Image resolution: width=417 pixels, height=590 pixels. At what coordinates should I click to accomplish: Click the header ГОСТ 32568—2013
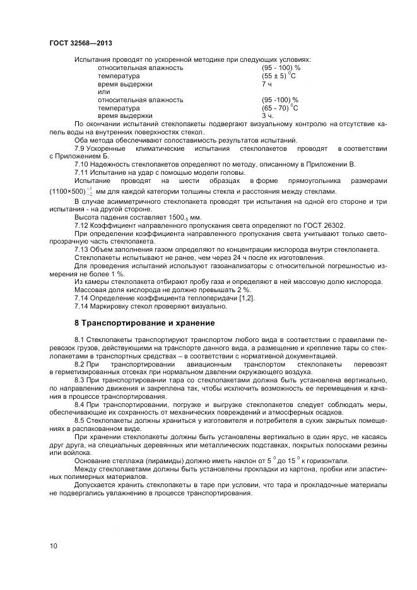(x=76, y=44)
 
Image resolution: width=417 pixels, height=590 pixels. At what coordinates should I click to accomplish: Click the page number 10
(x=54, y=545)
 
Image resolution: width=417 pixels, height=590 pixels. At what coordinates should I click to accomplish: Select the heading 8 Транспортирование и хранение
(x=144, y=323)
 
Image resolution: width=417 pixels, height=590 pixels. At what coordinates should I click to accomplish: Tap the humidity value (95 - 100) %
(x=281, y=68)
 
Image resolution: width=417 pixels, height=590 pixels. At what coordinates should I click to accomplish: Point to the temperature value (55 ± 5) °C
(x=279, y=76)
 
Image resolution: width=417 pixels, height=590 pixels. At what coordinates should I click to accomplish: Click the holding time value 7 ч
(x=267, y=84)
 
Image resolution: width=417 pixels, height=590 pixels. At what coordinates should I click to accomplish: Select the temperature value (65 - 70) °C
(x=279, y=108)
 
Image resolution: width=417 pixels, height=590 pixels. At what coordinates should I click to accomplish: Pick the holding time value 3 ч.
(x=267, y=116)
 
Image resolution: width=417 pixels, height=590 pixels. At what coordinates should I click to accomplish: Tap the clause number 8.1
(x=80, y=340)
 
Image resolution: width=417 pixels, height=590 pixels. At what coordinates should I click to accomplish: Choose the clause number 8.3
(x=80, y=381)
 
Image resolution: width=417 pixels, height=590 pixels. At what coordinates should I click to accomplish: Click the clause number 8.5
(x=80, y=420)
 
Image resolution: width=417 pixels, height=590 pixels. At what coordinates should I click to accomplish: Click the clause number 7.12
(x=82, y=225)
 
